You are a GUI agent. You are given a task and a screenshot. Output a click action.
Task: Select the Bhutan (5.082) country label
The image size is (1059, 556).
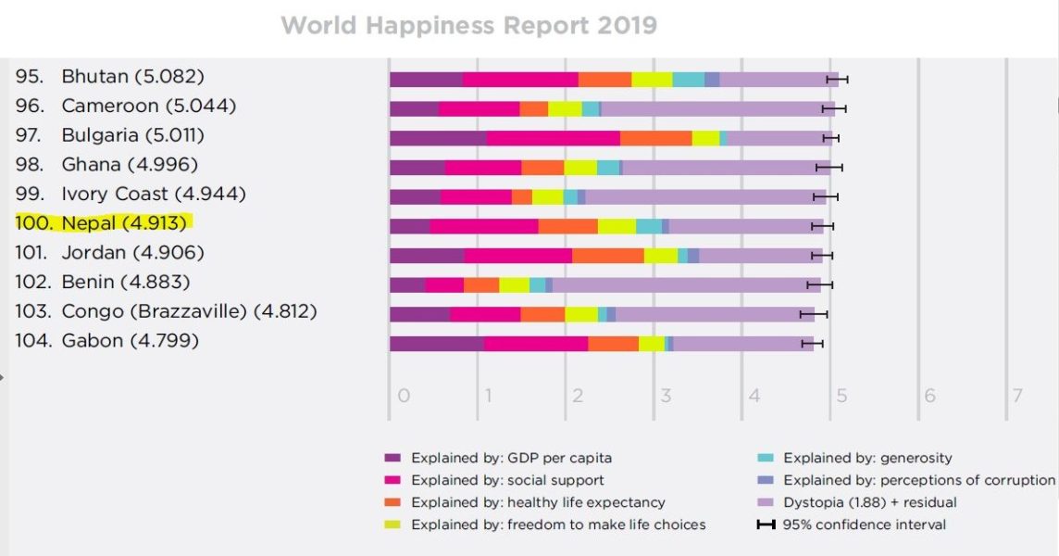pos(132,76)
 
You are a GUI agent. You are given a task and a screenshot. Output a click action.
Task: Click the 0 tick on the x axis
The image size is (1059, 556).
pos(404,397)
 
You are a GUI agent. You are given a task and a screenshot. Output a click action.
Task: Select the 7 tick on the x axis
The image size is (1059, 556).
pos(1017,397)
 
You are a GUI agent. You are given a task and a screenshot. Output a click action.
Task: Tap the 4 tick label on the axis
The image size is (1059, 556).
pos(754,397)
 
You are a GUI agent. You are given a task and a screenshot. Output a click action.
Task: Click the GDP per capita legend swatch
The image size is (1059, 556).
pos(392,458)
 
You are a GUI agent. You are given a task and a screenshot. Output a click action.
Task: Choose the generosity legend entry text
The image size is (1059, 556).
pos(867,458)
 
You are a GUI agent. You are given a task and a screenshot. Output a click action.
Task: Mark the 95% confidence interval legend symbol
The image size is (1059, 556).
pos(765,524)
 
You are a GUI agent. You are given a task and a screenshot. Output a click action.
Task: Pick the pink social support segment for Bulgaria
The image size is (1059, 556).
pos(553,138)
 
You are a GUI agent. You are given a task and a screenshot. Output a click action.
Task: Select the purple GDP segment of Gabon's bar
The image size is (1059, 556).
pos(436,344)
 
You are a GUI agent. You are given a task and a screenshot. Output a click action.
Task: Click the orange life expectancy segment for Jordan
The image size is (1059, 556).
pos(607,256)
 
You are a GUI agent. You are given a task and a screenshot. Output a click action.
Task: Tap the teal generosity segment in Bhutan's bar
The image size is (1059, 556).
pos(688,80)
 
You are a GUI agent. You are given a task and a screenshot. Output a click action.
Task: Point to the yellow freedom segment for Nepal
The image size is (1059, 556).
pos(617,226)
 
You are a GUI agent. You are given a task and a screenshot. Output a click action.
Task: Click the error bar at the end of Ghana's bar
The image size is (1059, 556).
pos(829,168)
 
